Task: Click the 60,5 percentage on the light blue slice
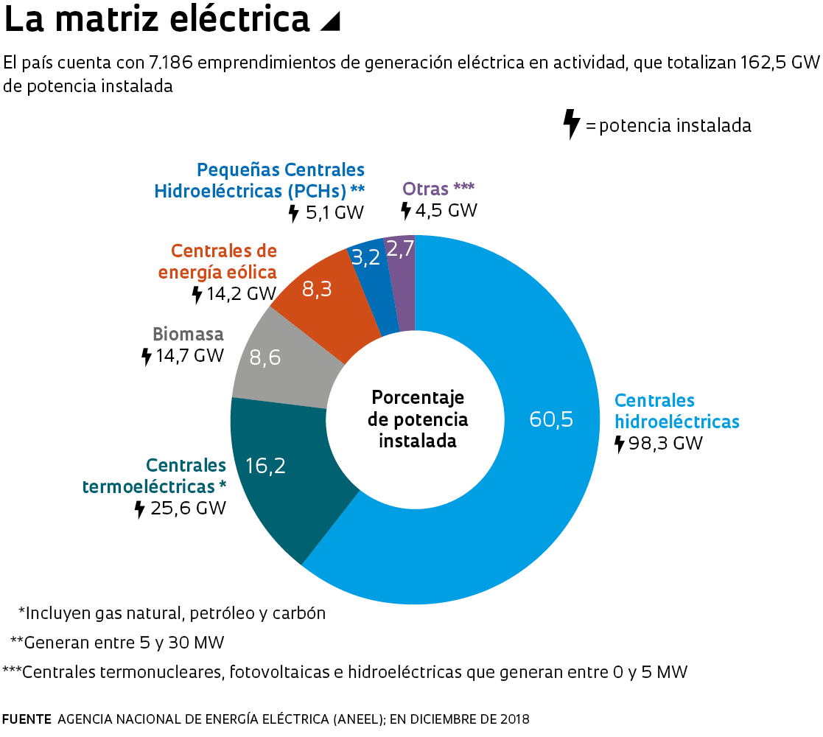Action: pos(551,419)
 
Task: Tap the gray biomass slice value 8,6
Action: pos(265,357)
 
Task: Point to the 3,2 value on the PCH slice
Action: pos(366,257)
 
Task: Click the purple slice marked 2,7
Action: pos(400,249)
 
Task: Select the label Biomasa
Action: pos(188,334)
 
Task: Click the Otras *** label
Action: pos(438,189)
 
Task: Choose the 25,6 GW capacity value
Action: pos(189,509)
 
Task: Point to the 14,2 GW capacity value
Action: pos(240,294)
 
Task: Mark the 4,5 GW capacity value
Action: pos(446,210)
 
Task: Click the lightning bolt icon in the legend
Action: pos(571,124)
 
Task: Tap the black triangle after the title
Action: pos(331,23)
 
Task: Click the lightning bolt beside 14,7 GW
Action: pos(146,357)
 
